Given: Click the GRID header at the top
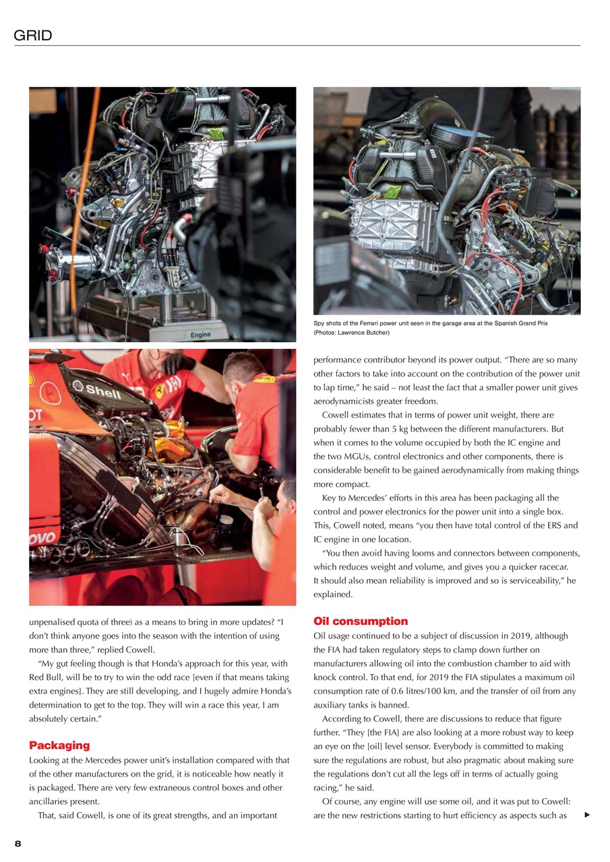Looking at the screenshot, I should coord(33,36).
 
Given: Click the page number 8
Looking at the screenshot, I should coord(18,843).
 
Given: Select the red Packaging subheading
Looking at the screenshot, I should coord(59,745).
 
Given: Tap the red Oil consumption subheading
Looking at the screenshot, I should coord(361,621).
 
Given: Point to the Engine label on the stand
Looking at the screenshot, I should coord(200,335).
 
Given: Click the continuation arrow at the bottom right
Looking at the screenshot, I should coord(588,816).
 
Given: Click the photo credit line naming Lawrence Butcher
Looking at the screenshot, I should coord(352,333).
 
